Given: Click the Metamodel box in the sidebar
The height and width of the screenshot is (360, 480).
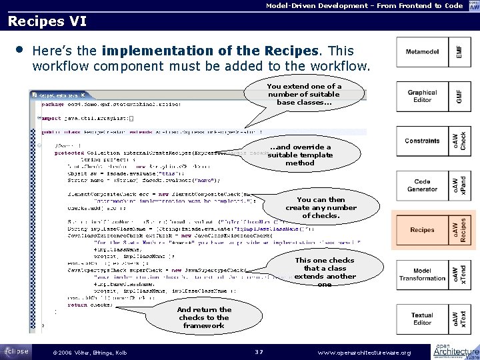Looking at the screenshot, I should point(423,51).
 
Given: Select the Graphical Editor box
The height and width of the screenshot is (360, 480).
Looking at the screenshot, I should point(423,97).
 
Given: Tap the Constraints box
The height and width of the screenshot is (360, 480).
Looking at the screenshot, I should point(423,141).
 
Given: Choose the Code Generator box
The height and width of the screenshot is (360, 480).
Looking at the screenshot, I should point(423,186).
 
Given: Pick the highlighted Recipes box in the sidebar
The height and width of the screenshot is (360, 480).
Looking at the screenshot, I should point(423,230).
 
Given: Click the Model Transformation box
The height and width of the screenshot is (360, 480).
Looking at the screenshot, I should point(423,274).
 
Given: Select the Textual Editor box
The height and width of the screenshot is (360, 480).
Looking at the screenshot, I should point(423,319).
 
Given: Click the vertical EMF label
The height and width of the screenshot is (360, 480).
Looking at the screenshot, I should point(459,51).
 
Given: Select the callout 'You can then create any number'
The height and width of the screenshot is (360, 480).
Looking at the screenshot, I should point(321,207).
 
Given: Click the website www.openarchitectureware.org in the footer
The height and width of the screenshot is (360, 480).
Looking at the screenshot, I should point(365,352).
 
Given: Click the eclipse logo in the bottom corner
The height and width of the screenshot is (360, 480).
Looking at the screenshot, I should point(15,350).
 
